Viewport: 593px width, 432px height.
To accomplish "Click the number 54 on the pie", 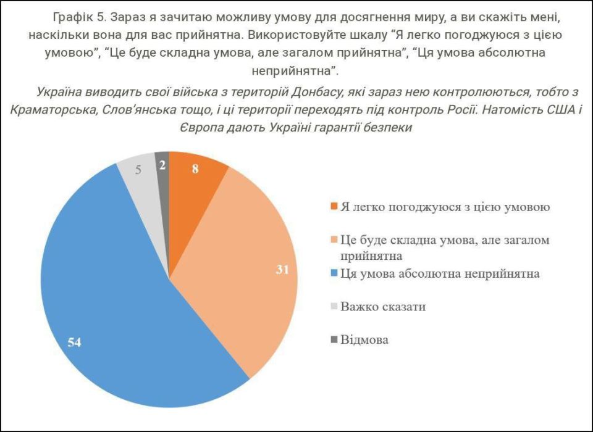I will tap(75, 342).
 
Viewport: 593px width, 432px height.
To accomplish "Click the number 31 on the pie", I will tap(283, 269).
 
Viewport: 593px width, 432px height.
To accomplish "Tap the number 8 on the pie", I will tap(195, 168).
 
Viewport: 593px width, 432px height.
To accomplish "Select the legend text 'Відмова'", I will tap(364, 339).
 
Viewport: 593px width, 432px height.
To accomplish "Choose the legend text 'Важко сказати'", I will tap(383, 306).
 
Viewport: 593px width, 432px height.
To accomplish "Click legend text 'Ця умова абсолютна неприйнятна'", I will tap(440, 273).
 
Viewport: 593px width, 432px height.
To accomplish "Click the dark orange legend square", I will tap(334, 206).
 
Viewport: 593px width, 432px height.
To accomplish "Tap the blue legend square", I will tap(334, 273).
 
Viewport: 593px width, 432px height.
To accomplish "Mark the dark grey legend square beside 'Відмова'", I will tap(334, 339).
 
